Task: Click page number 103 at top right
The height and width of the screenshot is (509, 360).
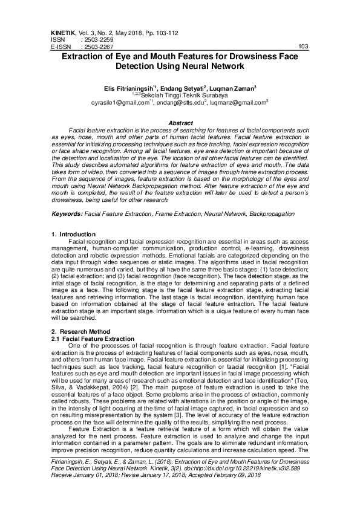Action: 304,46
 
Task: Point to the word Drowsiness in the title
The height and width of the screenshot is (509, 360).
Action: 262,56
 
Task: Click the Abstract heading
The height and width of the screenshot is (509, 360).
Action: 180,123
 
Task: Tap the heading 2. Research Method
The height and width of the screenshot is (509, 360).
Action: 80,332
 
